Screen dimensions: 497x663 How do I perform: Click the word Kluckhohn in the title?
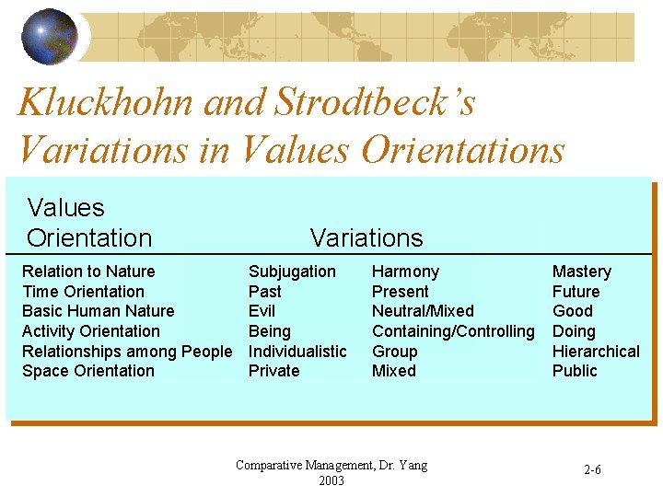[107, 102]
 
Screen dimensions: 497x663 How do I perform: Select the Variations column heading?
[366, 237]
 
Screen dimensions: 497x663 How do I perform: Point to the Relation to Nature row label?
[88, 272]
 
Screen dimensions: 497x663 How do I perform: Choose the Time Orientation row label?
[83, 292]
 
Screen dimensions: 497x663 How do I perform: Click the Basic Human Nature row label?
[98, 311]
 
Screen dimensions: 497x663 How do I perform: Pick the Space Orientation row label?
[88, 371]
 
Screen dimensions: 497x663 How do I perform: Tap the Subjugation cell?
[292, 272]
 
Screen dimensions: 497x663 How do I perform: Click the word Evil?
[262, 311]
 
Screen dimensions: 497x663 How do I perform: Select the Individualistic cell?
[297, 352]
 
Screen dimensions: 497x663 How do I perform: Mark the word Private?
[273, 371]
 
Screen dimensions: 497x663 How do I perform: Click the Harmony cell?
[405, 272]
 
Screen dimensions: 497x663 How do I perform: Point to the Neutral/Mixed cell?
[423, 311]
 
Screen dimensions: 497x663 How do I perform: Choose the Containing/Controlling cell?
[453, 331]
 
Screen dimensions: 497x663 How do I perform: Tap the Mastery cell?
[581, 272]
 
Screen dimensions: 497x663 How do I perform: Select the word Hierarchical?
[596, 352]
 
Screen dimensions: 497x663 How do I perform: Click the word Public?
[575, 371]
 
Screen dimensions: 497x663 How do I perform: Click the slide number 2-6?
[593, 470]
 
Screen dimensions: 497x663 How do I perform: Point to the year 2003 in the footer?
[331, 480]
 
